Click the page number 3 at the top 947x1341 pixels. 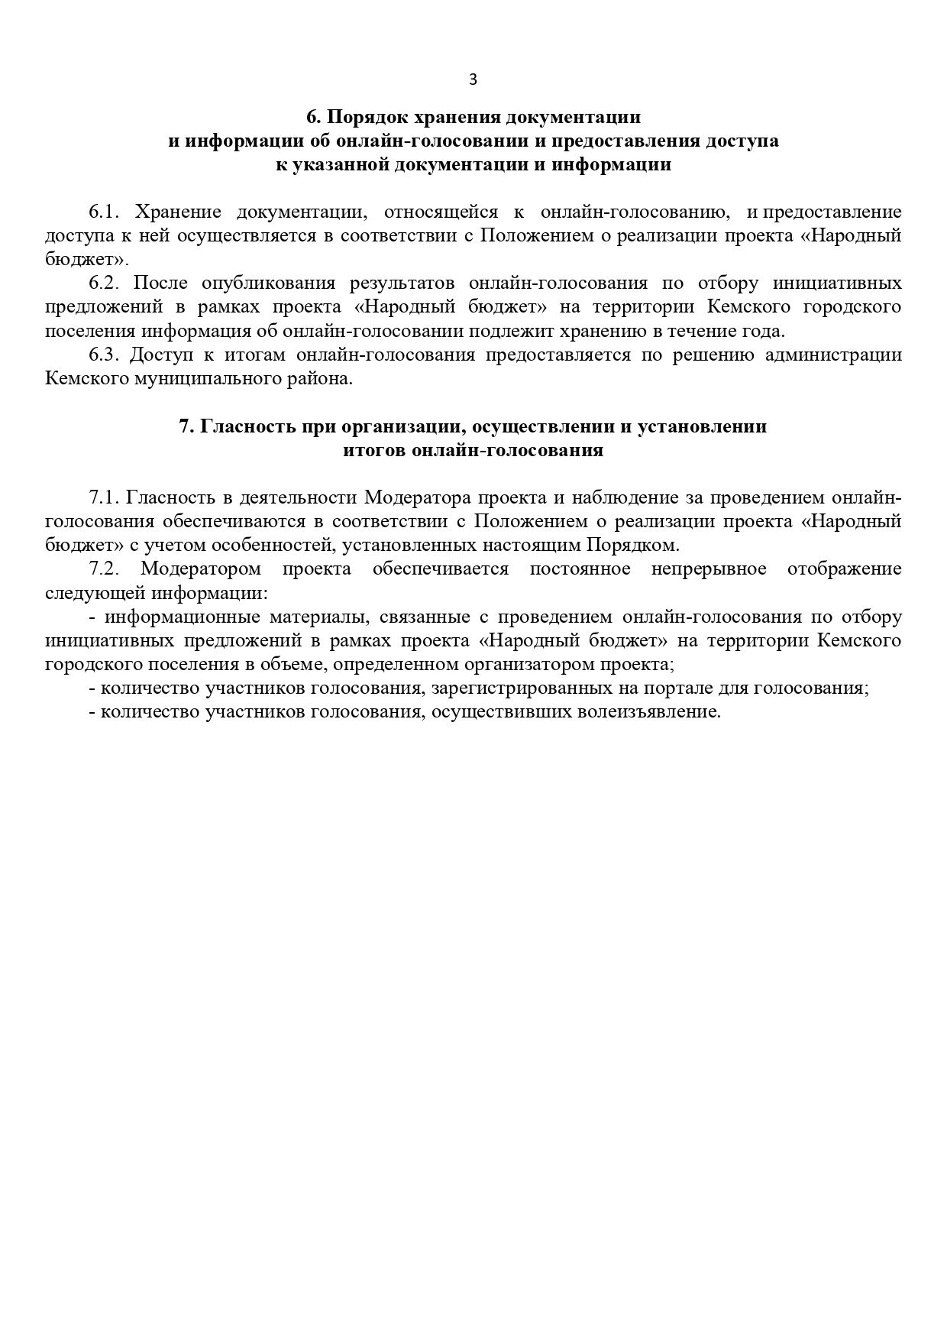(x=473, y=79)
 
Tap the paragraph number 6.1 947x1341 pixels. (x=105, y=212)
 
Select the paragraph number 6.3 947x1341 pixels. (x=105, y=355)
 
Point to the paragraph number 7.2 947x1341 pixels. (x=105, y=568)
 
